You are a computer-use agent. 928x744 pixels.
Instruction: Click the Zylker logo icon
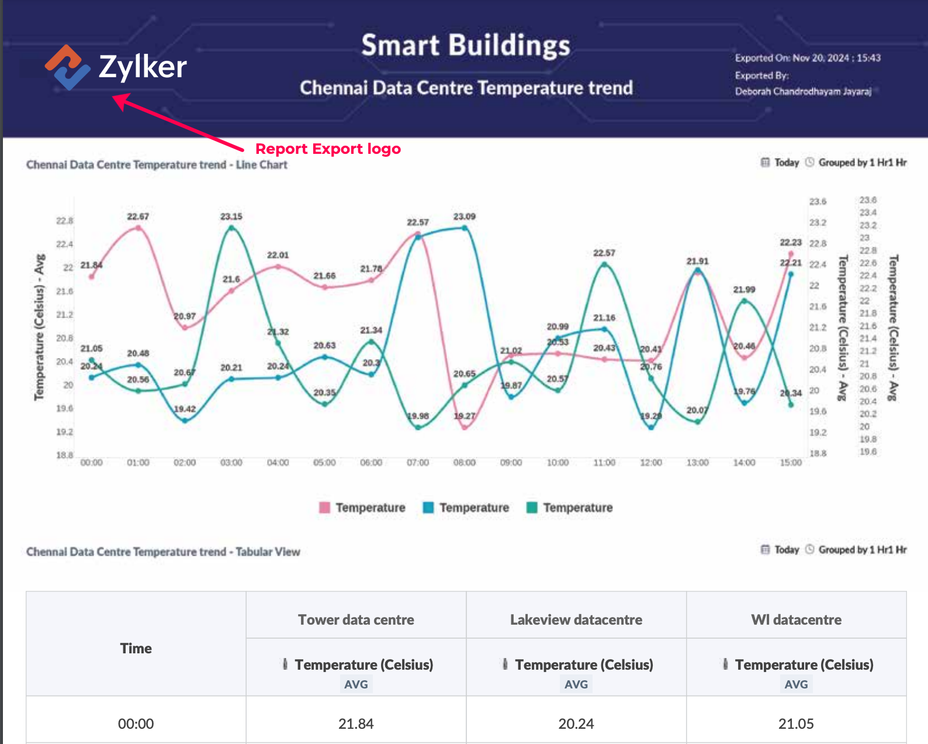pos(67,67)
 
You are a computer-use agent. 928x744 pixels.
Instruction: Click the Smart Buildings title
pos(465,46)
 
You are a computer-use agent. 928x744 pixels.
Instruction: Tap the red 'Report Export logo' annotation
pos(328,149)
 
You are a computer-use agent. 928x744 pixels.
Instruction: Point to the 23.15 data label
pos(231,216)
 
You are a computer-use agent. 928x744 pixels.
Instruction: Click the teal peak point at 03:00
pos(231,228)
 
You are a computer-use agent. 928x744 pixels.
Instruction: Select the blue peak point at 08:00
pos(465,228)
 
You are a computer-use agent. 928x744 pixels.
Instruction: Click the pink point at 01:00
pos(138,228)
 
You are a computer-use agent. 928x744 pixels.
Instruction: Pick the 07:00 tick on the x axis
pos(418,463)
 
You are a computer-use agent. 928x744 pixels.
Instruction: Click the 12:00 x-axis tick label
pos(651,463)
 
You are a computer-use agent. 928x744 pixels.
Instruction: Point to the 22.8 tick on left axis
pos(64,221)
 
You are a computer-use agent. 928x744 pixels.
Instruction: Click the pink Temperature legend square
pos(324,507)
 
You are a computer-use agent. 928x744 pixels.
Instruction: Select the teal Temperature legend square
pos(532,507)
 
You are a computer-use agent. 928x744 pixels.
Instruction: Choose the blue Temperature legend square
pos(428,507)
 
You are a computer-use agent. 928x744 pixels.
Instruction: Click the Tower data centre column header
pos(356,619)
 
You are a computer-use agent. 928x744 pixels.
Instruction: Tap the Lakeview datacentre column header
pos(576,619)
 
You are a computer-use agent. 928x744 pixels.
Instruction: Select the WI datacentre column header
pos(796,619)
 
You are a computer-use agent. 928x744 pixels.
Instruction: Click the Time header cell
pos(136,648)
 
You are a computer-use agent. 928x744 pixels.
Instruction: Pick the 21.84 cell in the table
pos(356,724)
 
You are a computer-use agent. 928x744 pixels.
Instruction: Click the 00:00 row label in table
pos(136,724)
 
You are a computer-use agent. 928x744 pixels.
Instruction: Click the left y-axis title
pos(39,328)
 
